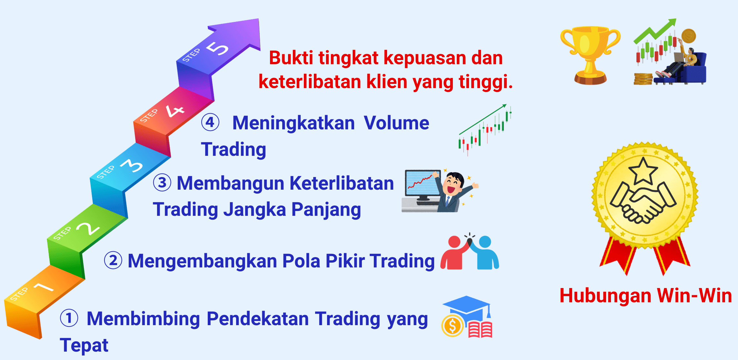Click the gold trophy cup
[x=590, y=55]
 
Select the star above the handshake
[x=643, y=171]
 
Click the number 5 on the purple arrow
[x=217, y=49]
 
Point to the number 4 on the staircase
[x=175, y=111]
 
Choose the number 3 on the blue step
[x=132, y=165]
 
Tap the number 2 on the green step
[x=88, y=229]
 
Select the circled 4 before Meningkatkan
[x=210, y=123]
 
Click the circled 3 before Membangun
[x=162, y=183]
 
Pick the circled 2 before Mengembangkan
[x=113, y=260]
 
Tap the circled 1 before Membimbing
[x=69, y=318]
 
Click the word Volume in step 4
[x=396, y=123]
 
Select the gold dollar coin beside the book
[x=453, y=326]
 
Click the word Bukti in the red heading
[x=291, y=58]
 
